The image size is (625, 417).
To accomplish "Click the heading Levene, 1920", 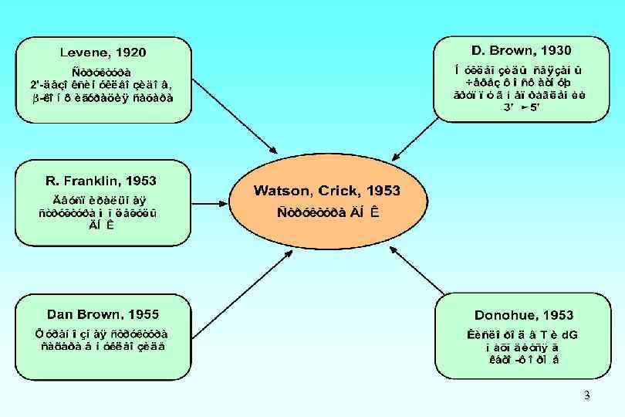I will [x=103, y=53].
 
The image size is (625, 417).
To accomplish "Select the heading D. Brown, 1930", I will [x=521, y=50].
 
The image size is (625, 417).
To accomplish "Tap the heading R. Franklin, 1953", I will [x=101, y=181].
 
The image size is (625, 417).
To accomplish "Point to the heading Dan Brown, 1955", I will [x=103, y=314].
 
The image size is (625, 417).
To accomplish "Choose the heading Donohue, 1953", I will [x=524, y=315].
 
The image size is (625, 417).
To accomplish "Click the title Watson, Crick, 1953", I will [x=327, y=190].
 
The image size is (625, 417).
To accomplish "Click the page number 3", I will [x=586, y=396].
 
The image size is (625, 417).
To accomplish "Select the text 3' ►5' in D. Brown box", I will [x=523, y=107].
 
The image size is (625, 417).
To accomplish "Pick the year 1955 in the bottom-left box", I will [x=143, y=314].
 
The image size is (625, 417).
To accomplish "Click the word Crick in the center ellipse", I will [x=341, y=190].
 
